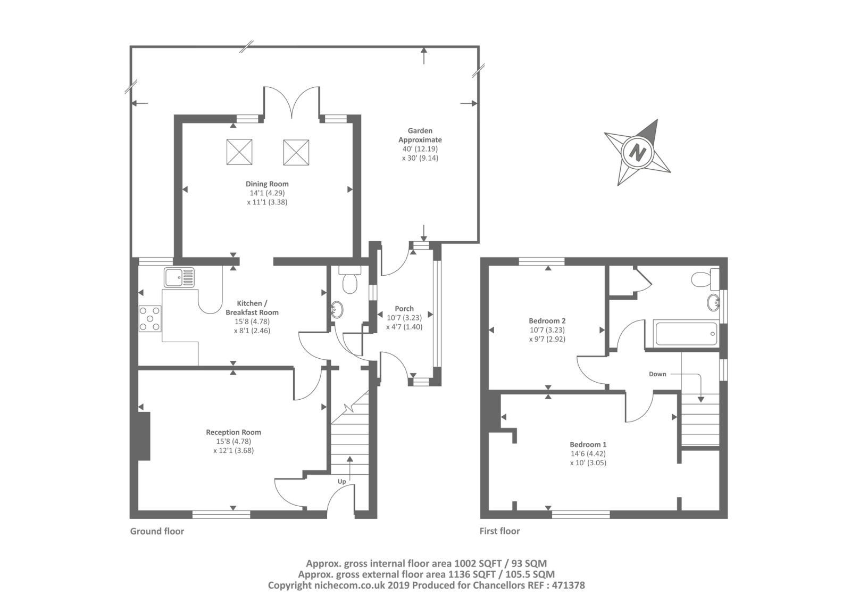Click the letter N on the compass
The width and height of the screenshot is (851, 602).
(638, 153)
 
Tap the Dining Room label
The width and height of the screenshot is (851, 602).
(267, 184)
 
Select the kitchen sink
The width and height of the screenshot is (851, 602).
(179, 277)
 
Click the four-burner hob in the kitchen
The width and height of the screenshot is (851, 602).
(150, 319)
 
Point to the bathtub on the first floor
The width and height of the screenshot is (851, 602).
(686, 334)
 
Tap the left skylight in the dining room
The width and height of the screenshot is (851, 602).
(239, 152)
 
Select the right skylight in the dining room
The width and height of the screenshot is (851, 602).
(296, 153)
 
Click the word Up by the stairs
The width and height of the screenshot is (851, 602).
(342, 482)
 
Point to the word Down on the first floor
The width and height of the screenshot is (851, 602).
(657, 374)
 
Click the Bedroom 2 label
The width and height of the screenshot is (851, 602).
(547, 321)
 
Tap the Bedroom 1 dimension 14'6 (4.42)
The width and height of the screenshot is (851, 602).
(588, 453)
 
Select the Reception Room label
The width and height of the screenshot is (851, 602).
(233, 432)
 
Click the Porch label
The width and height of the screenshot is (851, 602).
(404, 308)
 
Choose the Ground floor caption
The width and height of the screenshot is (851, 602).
(157, 531)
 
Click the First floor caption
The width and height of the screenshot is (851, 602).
(499, 531)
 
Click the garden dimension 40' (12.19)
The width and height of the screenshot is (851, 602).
(420, 149)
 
